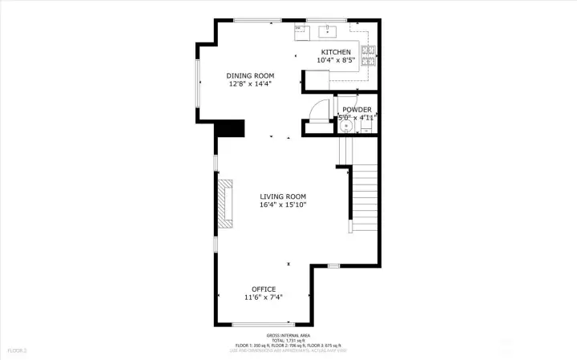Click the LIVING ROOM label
pyautogui.click(x=283, y=196)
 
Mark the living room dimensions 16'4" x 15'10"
pyautogui.click(x=283, y=204)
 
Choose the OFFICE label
pyautogui.click(x=264, y=289)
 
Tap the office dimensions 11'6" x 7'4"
pyautogui.click(x=264, y=297)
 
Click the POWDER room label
pyautogui.click(x=357, y=110)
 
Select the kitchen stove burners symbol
pyautogui.click(x=369, y=55)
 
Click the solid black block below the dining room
pyautogui.click(x=232, y=128)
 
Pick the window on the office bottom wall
pyautogui.click(x=256, y=324)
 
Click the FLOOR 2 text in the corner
pyautogui.click(x=18, y=350)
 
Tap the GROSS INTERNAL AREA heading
pyautogui.click(x=288, y=335)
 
